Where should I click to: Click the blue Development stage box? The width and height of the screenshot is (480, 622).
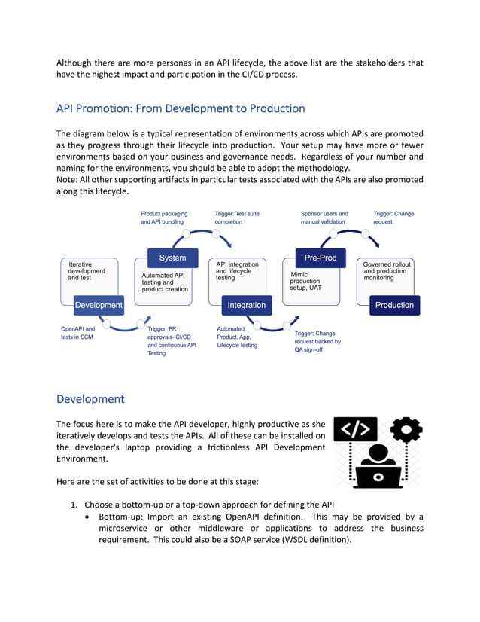pyautogui.click(x=98, y=305)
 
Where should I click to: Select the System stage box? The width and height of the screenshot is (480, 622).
pyautogui.click(x=173, y=258)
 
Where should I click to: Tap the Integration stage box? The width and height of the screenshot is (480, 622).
pyautogui.click(x=246, y=305)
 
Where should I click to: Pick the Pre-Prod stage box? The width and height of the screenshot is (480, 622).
pyautogui.click(x=320, y=258)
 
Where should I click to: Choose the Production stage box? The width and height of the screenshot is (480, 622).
pyautogui.click(x=394, y=305)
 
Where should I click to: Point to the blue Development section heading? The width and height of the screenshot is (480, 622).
pyautogui.click(x=90, y=398)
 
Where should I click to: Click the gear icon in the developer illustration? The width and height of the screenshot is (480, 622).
pyautogui.click(x=406, y=430)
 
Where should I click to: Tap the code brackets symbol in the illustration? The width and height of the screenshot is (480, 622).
pyautogui.click(x=354, y=430)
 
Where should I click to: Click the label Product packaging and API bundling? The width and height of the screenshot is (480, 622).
pyautogui.click(x=164, y=218)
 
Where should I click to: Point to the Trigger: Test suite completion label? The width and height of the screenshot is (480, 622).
pyautogui.click(x=237, y=218)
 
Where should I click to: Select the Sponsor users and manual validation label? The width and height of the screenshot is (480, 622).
pyautogui.click(x=324, y=218)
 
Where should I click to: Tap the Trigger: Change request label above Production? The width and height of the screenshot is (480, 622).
pyautogui.click(x=393, y=218)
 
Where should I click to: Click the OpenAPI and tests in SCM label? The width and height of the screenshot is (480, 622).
pyautogui.click(x=78, y=333)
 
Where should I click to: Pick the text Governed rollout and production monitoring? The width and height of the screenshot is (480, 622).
pyautogui.click(x=387, y=271)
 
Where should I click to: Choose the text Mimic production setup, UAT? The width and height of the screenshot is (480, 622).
pyautogui.click(x=305, y=281)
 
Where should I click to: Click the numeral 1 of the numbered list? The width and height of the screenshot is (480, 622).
pyautogui.click(x=74, y=504)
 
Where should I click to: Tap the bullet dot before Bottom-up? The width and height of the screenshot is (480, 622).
pyautogui.click(x=90, y=517)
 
